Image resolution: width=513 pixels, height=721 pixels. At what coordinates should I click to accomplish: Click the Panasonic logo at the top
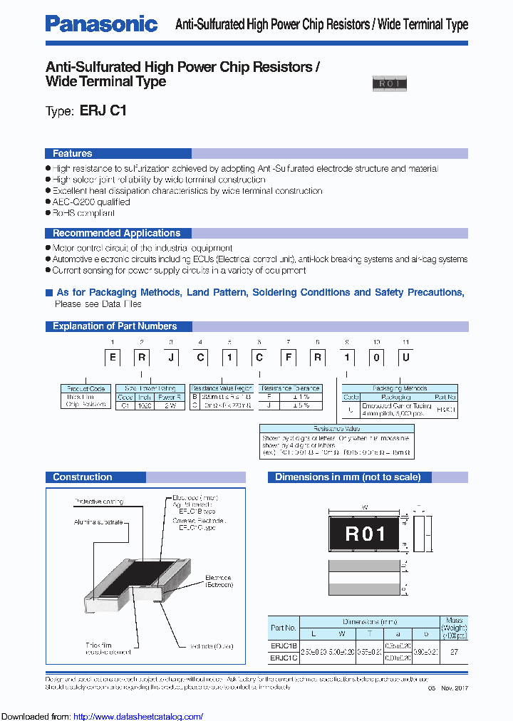pyautogui.click(x=101, y=24)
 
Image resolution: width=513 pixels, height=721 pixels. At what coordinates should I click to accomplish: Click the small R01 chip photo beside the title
pyautogui.click(x=389, y=84)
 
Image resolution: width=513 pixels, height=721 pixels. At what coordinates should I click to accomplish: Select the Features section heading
pyautogui.click(x=72, y=153)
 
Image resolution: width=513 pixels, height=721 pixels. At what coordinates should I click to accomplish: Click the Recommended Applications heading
pyautogui.click(x=116, y=233)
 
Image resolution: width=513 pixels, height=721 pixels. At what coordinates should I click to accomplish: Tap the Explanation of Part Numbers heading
pyautogui.click(x=114, y=326)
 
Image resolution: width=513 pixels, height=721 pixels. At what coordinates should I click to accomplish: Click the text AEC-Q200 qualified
pyautogui.click(x=90, y=202)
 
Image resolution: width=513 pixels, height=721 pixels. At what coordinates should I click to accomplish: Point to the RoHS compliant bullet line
pyautogui.click(x=83, y=213)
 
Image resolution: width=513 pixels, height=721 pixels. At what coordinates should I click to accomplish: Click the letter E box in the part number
pyautogui.click(x=113, y=357)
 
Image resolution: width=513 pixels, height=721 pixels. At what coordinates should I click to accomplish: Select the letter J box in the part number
pyautogui.click(x=171, y=357)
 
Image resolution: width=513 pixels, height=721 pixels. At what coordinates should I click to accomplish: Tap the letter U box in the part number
pyautogui.click(x=405, y=357)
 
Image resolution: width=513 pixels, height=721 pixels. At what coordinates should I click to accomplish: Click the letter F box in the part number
pyautogui.click(x=288, y=357)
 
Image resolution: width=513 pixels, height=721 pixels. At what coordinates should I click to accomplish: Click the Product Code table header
pyautogui.click(x=85, y=389)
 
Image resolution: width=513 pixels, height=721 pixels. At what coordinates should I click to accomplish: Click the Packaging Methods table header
pyautogui.click(x=399, y=389)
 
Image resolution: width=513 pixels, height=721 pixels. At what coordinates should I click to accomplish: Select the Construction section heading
pyautogui.click(x=82, y=477)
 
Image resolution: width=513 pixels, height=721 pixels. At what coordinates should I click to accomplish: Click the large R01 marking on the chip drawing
pyautogui.click(x=365, y=534)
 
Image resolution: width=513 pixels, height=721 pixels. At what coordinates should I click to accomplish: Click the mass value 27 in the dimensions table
pyautogui.click(x=454, y=651)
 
